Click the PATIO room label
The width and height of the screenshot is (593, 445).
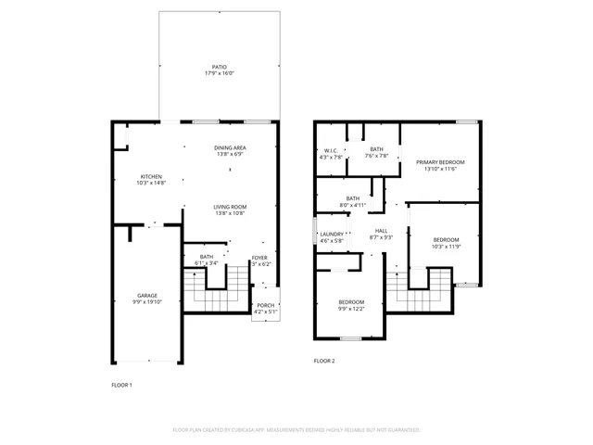(x=219, y=67)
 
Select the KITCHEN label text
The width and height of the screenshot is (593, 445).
(x=151, y=176)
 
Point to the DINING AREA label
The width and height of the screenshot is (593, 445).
(x=230, y=148)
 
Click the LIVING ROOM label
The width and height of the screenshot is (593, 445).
(x=230, y=207)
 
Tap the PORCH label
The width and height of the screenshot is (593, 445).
(x=265, y=305)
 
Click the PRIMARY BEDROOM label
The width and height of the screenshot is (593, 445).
(x=440, y=162)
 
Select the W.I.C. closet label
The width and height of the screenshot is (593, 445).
(x=331, y=151)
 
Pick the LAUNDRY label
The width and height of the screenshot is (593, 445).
(x=332, y=234)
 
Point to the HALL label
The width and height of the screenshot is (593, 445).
(x=381, y=231)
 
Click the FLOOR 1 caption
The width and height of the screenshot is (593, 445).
(x=122, y=385)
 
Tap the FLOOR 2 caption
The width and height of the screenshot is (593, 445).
(x=324, y=361)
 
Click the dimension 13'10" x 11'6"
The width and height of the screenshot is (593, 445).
(x=440, y=169)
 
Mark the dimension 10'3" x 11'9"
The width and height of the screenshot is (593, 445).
(x=446, y=247)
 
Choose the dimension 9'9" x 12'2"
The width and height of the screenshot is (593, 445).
(x=351, y=309)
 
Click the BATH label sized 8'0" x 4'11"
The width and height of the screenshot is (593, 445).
(x=353, y=197)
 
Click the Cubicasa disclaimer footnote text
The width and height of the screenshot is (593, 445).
(x=296, y=430)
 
